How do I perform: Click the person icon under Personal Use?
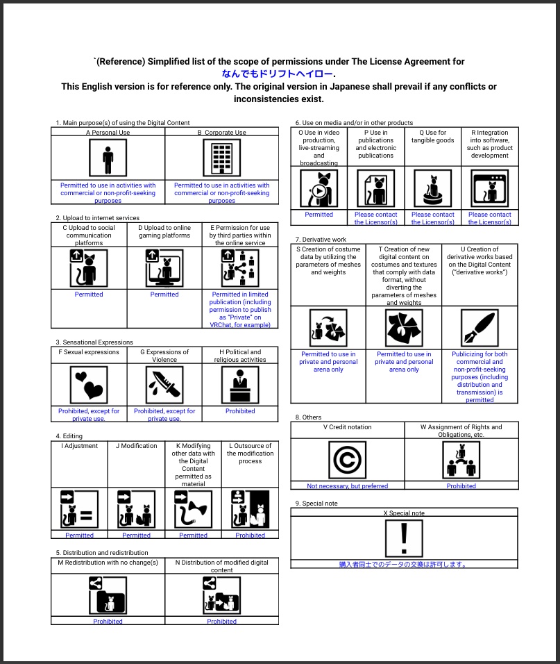(x=108, y=158)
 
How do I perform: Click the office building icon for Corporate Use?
(x=221, y=158)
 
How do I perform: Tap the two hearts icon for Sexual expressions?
(x=89, y=384)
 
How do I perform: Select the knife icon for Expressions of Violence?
(x=164, y=384)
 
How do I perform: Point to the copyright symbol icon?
(x=347, y=460)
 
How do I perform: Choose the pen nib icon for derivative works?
(x=480, y=328)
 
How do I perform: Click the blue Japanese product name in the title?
(x=278, y=74)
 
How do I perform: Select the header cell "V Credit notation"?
(x=348, y=427)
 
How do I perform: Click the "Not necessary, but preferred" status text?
(x=348, y=486)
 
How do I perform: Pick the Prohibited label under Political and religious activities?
(x=240, y=411)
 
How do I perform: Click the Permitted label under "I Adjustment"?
(x=79, y=536)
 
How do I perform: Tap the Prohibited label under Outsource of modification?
(x=250, y=536)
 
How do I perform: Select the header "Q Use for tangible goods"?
(x=432, y=136)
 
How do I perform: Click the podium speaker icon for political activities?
(x=240, y=384)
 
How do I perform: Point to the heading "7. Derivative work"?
(x=321, y=240)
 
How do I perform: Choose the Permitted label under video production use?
(x=319, y=215)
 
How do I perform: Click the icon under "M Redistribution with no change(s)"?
(x=108, y=595)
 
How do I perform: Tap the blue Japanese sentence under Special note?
(x=403, y=565)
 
